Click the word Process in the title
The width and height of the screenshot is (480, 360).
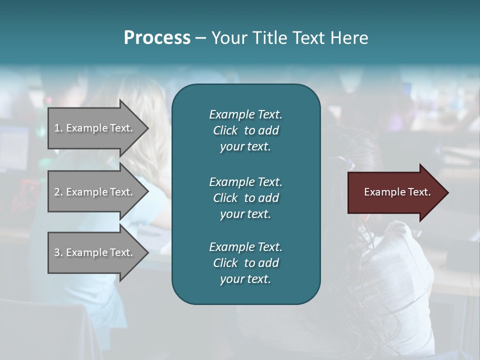157,38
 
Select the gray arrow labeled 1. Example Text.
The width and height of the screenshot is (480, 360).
95,128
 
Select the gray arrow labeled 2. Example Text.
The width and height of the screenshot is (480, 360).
95,192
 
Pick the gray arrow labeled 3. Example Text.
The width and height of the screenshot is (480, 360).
95,252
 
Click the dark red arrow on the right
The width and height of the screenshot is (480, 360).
395,192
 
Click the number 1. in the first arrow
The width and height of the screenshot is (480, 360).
58,128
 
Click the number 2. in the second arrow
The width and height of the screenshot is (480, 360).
58,192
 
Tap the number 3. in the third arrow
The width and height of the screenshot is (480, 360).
58,252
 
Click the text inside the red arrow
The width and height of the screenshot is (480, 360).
397,192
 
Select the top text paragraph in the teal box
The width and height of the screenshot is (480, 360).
245,130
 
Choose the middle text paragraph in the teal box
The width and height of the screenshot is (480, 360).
245,197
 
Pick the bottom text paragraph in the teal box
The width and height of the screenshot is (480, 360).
245,263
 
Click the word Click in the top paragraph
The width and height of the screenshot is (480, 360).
225,130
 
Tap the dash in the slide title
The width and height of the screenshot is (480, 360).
200,38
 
